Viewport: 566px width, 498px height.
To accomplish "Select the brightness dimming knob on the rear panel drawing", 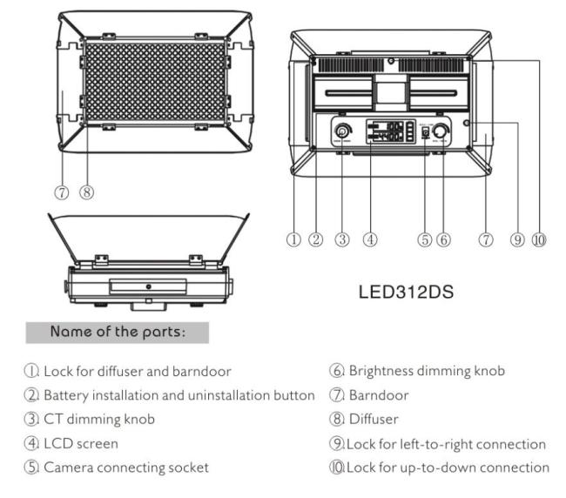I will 442,131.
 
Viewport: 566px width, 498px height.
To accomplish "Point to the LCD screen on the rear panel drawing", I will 391,132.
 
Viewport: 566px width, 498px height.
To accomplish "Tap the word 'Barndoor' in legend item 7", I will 376,395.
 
